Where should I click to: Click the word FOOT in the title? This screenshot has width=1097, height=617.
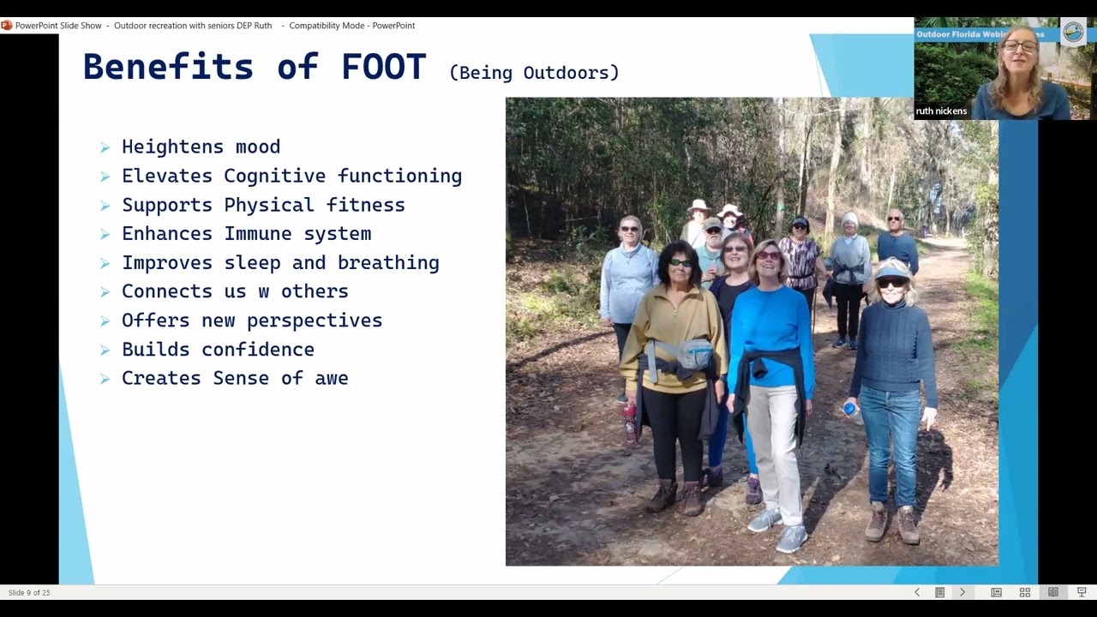click(383, 67)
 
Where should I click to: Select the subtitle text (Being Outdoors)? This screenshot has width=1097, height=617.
click(533, 73)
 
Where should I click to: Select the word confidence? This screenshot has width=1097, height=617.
click(257, 350)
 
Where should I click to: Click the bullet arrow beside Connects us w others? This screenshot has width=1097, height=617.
click(105, 292)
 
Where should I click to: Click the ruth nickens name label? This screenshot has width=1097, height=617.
click(941, 111)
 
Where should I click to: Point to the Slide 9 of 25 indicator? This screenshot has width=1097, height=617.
click(29, 592)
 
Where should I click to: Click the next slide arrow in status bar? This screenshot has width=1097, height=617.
click(962, 592)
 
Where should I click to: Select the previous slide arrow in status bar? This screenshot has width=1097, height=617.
click(917, 592)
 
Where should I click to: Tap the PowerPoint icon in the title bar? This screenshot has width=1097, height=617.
click(7, 26)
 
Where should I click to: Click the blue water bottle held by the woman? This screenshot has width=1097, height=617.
click(850, 410)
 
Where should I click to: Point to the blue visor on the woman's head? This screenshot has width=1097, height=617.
click(891, 273)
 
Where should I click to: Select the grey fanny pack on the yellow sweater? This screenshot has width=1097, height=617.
click(693, 353)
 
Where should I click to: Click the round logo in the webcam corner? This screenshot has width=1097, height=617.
click(1073, 33)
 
